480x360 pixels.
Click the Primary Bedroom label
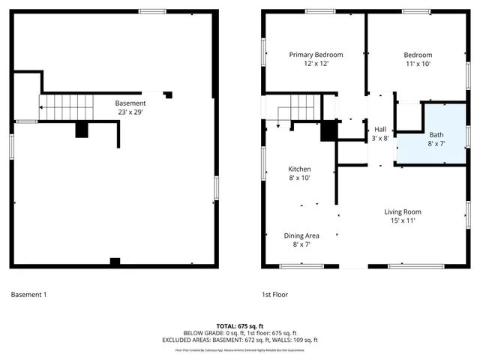pos(316,55)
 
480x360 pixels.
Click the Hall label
pos(380,129)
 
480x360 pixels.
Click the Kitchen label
pos(299,169)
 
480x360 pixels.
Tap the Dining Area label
pos(301,235)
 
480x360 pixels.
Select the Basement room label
pos(130,103)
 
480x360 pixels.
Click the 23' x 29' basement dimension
pos(130,112)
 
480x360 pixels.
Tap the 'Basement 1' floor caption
pos(28,295)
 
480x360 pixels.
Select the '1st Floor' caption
pos(274,295)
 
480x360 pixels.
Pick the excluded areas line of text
pos(240,340)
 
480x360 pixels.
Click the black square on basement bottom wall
pos(115,262)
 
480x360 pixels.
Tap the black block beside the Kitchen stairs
pos(328,130)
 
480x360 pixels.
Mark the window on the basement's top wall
pos(152,11)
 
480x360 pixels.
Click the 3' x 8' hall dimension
pos(380,139)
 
